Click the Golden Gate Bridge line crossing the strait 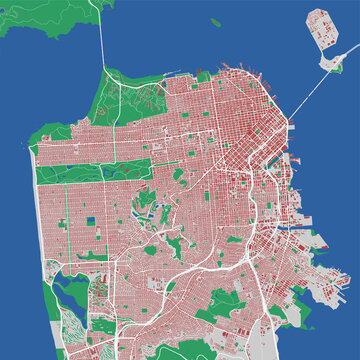(103, 40)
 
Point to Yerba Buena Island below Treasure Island (327, 61)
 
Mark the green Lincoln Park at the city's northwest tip (50, 134)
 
